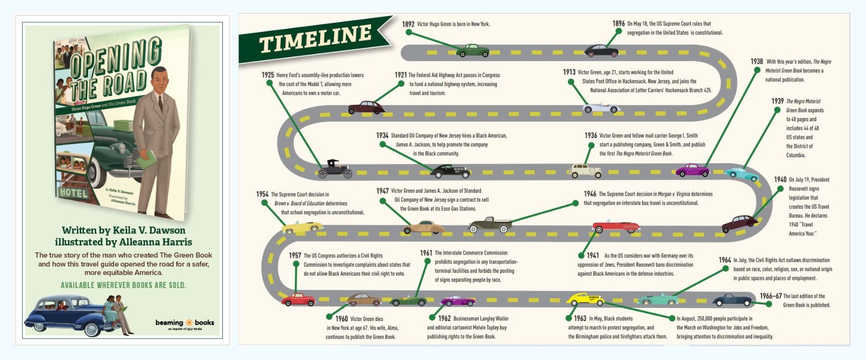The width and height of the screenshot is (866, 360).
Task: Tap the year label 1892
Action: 408,24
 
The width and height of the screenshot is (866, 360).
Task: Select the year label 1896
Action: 618,24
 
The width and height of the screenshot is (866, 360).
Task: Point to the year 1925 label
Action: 268,75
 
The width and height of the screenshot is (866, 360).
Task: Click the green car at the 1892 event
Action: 473,51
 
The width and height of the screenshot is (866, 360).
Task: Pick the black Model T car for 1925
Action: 335,169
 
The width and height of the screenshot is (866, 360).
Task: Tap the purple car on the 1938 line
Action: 692,170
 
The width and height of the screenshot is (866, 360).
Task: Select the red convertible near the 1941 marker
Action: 616,226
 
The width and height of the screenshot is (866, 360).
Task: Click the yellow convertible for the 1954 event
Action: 302,227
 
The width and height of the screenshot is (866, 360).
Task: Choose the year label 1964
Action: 724,260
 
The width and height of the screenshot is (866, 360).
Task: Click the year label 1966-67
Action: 770,296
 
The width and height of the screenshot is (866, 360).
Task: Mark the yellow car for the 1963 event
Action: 585,300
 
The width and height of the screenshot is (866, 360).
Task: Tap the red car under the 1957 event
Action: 298,300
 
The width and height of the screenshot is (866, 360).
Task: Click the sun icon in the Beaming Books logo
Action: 189,323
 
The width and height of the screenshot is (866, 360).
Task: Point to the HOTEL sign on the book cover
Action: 73,193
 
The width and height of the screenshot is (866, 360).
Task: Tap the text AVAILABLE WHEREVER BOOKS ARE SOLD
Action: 124,286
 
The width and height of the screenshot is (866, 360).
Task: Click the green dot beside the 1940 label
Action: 780,188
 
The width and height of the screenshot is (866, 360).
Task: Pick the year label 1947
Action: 382,191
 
